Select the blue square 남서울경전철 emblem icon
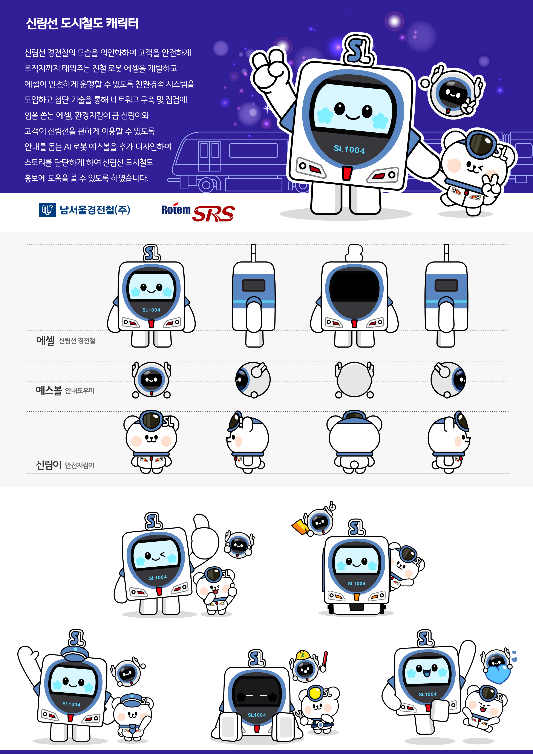click(47, 210)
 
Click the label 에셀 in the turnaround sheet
click(45, 340)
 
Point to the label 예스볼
click(49, 390)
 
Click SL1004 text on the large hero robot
click(349, 149)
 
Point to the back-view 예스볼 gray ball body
click(354, 379)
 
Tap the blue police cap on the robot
click(75, 653)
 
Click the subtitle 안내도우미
click(80, 391)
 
